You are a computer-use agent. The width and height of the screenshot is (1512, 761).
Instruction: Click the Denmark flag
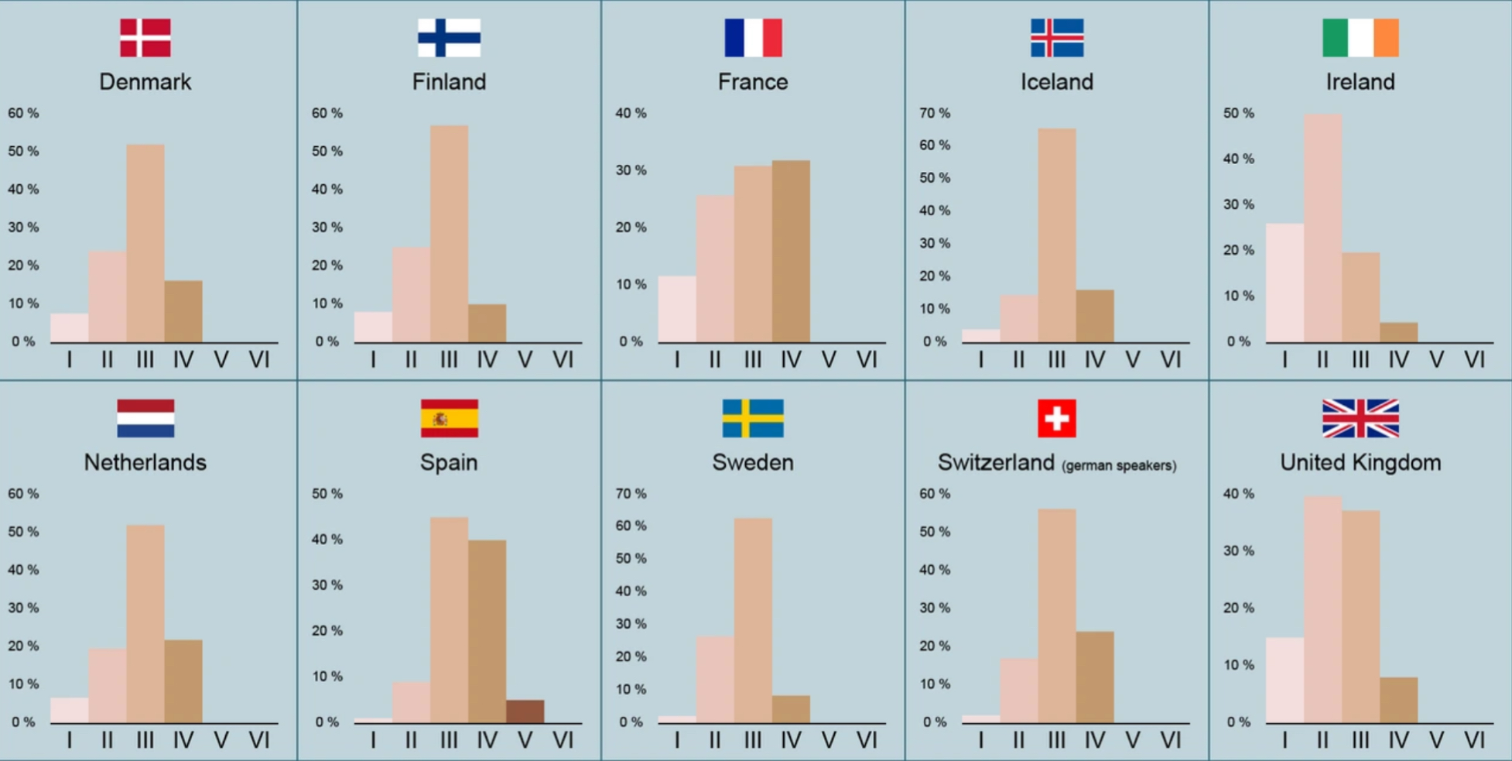(x=145, y=38)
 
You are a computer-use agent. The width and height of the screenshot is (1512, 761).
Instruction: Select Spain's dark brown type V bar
(x=525, y=711)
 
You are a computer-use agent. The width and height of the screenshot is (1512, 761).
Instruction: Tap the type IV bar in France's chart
(x=791, y=252)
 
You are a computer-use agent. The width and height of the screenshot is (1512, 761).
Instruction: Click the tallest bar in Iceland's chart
(x=1056, y=235)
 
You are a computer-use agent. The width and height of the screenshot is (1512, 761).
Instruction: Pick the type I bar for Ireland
(x=1285, y=283)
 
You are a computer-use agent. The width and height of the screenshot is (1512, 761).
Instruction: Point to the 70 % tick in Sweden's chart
(x=631, y=493)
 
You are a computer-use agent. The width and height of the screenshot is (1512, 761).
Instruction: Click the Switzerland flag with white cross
(x=1056, y=418)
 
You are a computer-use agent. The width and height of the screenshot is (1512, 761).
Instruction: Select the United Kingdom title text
(x=1360, y=462)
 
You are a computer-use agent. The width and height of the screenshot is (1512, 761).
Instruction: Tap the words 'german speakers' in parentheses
(x=1119, y=465)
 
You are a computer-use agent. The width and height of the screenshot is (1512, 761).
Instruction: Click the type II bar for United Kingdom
(x=1322, y=610)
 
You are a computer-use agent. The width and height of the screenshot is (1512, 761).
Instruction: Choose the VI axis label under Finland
(x=563, y=360)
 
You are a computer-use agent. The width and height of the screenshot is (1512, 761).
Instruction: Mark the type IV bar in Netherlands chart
(x=183, y=681)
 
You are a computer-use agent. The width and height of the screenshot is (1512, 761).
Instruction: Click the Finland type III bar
(x=449, y=234)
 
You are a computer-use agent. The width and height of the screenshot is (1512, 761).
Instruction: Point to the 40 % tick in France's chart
(x=631, y=113)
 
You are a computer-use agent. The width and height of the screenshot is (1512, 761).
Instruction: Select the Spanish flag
(x=449, y=418)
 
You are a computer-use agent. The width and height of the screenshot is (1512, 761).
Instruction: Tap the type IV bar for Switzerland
(x=1094, y=677)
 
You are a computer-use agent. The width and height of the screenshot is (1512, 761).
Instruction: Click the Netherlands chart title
(x=145, y=462)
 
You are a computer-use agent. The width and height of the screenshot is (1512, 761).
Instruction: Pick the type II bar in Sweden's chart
(x=714, y=680)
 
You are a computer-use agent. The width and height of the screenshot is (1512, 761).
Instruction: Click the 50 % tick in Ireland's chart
(x=1238, y=113)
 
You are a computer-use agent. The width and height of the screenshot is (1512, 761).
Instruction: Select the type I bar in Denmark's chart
(x=70, y=328)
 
